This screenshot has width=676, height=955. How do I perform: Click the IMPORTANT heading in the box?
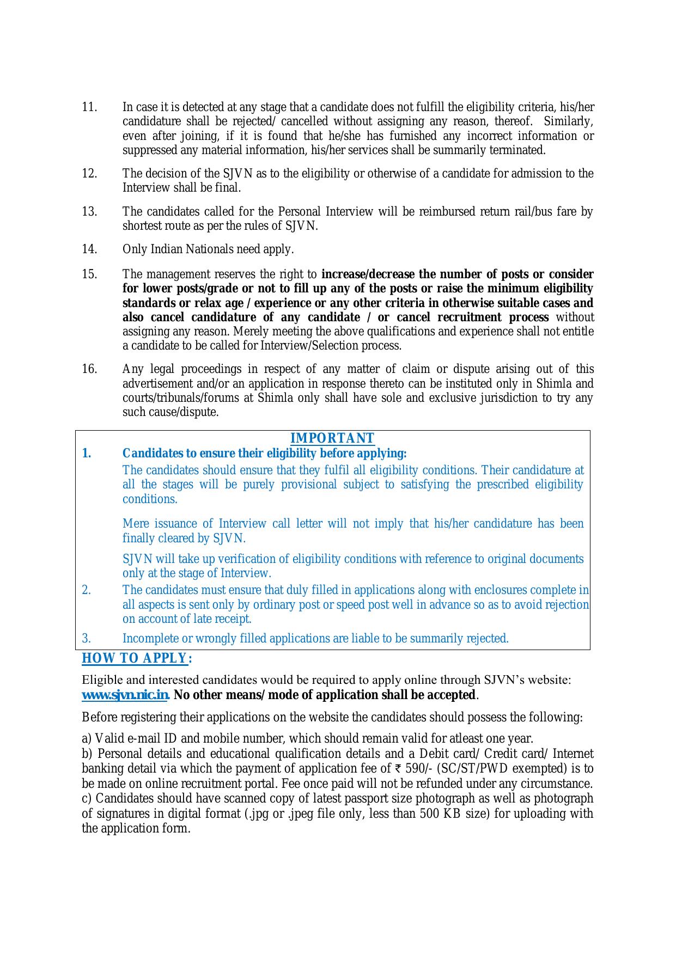coord(332,438)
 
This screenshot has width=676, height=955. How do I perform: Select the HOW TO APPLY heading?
coord(136,658)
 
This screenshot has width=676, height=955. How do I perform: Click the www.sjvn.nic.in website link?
coord(125,695)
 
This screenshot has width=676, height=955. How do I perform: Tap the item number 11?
coord(89,107)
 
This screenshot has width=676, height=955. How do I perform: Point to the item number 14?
coord(89,249)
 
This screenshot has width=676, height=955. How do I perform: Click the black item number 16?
coord(89,369)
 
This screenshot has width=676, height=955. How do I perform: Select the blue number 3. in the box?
coord(86,638)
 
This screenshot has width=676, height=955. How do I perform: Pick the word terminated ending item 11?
coord(519,150)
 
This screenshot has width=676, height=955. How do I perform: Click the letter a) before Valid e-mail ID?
coord(86,738)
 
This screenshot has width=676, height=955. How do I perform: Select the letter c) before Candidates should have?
coord(86,799)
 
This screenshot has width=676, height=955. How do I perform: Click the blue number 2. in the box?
coord(86,590)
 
